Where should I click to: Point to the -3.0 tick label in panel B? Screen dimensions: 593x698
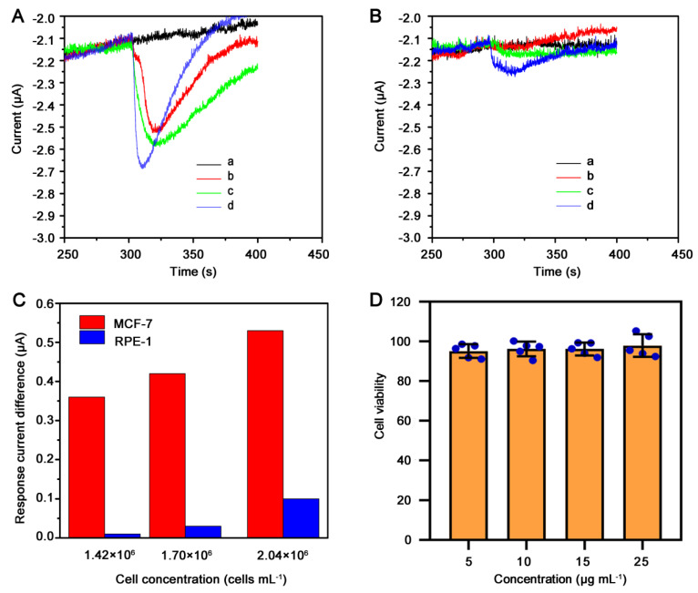click(x=407, y=238)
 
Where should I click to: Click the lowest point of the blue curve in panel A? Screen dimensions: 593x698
click(x=143, y=167)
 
